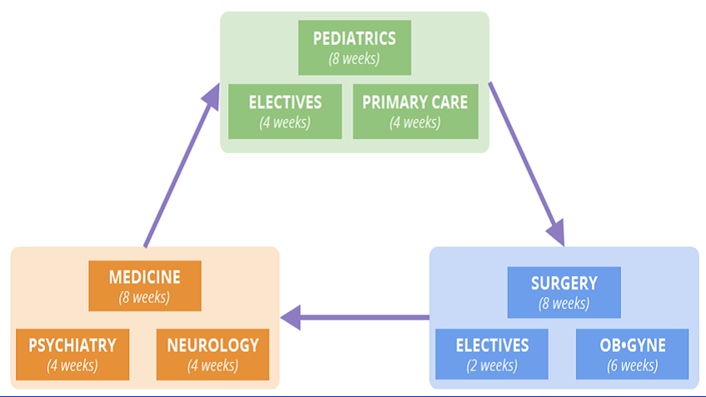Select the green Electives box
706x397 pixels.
(x=285, y=112)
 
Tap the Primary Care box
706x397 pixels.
(x=415, y=112)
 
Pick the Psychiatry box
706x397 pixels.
(x=72, y=354)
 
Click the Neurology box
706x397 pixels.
(x=212, y=354)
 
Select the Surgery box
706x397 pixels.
(x=564, y=292)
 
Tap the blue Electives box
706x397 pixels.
(x=492, y=354)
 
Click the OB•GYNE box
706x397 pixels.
(x=632, y=354)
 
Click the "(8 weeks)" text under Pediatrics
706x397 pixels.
(x=354, y=59)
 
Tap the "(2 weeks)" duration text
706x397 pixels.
(x=492, y=365)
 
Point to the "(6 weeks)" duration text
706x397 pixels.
(x=632, y=365)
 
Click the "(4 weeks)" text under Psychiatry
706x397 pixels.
(x=72, y=365)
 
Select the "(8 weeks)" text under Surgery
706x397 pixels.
(x=564, y=304)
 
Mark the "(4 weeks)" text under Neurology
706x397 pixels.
(x=212, y=365)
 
